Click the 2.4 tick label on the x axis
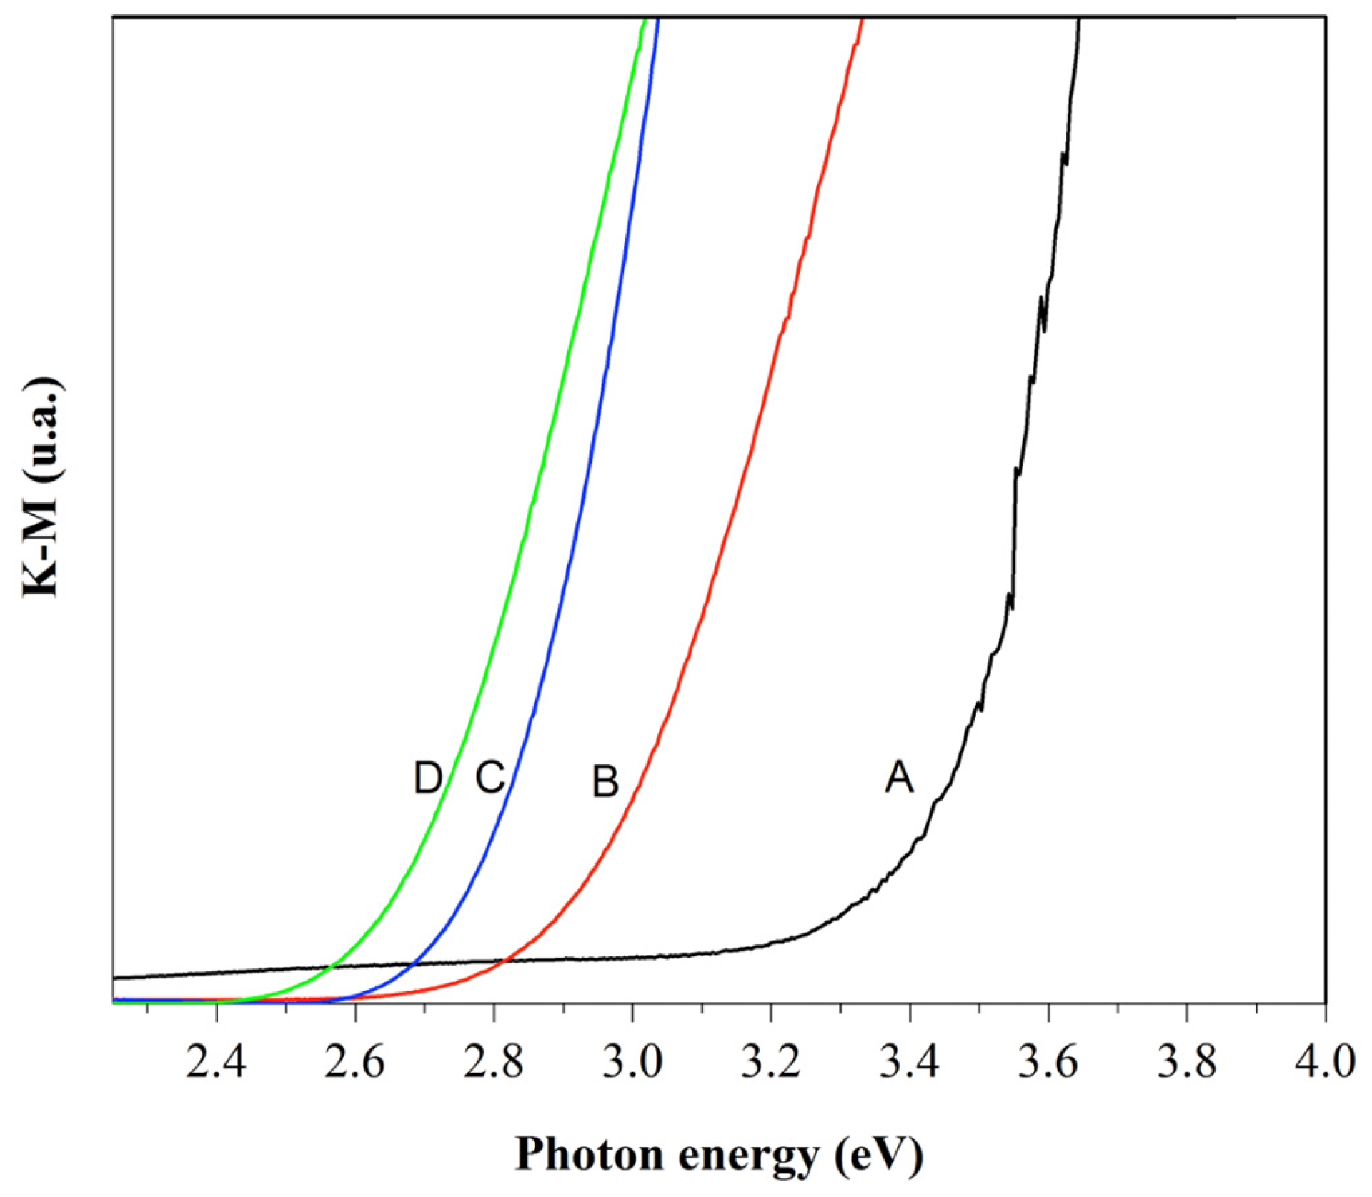[215, 1062]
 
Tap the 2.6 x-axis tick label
[354, 1062]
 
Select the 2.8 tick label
[493, 1062]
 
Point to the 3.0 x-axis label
[632, 1062]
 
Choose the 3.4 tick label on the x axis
[909, 1062]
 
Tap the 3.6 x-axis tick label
[1048, 1062]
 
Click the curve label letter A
[898, 777]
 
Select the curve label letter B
[605, 781]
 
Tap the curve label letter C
[490, 777]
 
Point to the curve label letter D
[427, 778]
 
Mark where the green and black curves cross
[331, 968]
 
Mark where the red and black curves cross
[503, 961]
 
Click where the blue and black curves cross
[412, 965]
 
